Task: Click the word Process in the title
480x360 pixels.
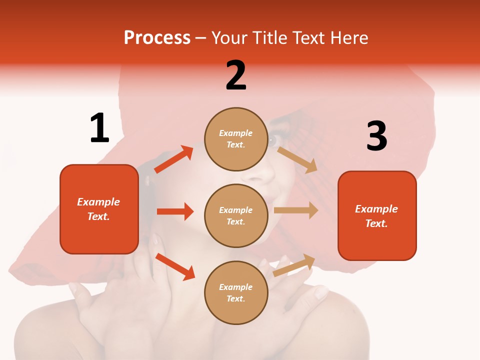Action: tap(157, 37)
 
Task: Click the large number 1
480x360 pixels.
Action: tap(99, 128)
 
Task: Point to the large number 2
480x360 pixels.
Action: tap(236, 75)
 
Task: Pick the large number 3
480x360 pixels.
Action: tap(376, 136)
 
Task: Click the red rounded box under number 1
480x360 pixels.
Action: tap(99, 209)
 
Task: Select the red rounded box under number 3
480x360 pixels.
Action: tap(377, 215)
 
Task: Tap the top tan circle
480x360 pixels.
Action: tap(236, 138)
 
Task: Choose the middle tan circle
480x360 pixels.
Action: tap(236, 215)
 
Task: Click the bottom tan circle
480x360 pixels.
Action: tap(236, 292)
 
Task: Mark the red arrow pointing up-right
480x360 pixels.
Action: tap(174, 159)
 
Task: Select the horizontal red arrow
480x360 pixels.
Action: tap(175, 211)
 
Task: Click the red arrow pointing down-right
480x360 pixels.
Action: tap(175, 266)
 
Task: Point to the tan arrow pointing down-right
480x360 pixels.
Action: tap(297, 159)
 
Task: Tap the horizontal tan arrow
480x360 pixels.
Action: tap(296, 210)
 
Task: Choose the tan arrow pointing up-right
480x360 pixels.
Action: tap(294, 265)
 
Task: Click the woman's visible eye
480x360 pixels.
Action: tap(272, 140)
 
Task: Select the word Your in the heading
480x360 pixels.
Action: tap(229, 37)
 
